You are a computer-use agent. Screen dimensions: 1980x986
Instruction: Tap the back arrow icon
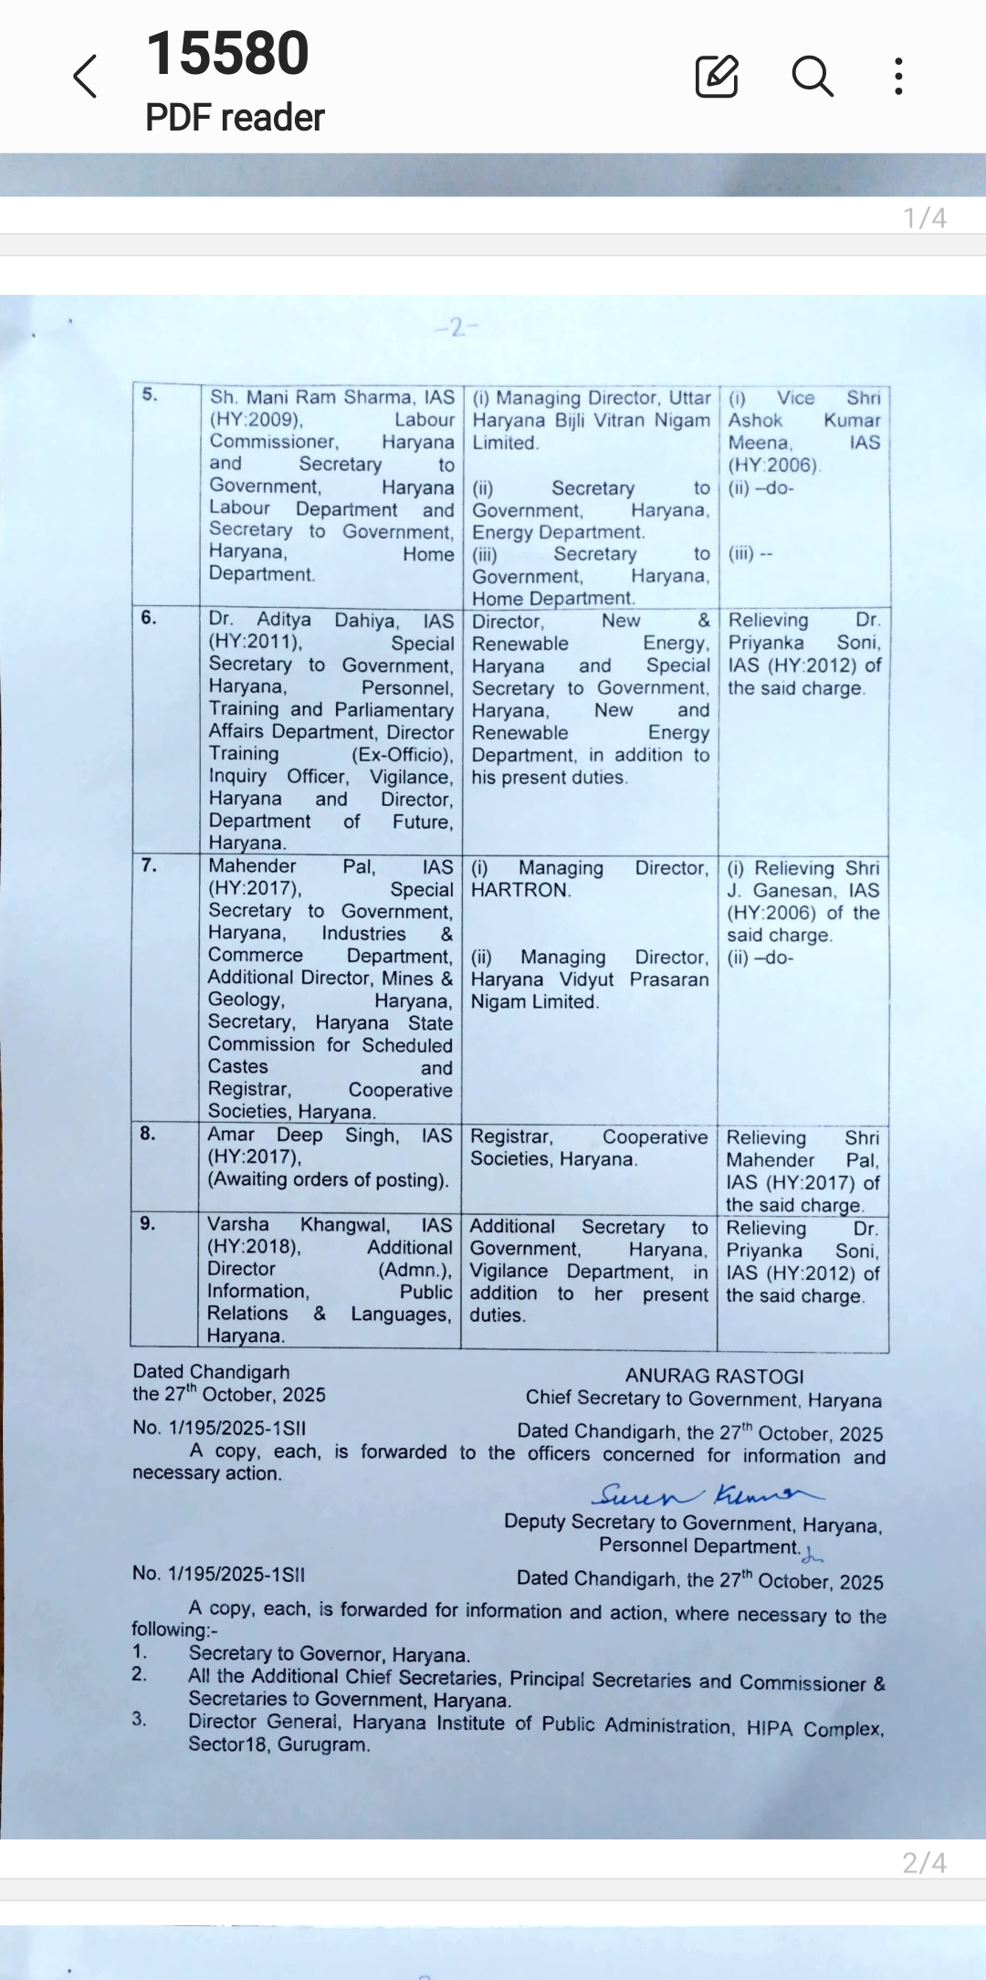(x=85, y=76)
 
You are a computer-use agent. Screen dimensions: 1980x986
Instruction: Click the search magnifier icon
(x=812, y=76)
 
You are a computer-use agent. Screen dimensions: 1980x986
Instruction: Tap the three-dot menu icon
(x=899, y=76)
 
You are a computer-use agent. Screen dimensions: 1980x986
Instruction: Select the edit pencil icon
(x=717, y=76)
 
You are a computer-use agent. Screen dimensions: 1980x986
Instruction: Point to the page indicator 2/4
(x=924, y=1862)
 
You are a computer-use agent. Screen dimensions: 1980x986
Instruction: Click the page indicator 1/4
(x=924, y=218)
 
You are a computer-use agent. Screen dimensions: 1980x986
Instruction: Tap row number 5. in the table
(x=150, y=394)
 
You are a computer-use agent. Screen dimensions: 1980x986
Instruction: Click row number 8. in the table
(x=148, y=1133)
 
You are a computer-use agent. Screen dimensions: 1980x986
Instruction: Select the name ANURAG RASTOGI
(x=714, y=1376)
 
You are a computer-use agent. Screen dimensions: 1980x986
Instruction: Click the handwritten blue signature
(x=708, y=1494)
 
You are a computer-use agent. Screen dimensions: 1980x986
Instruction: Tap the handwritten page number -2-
(x=456, y=327)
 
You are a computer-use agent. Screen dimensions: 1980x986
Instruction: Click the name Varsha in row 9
(x=238, y=1224)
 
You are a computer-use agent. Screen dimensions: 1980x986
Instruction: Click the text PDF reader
(x=235, y=118)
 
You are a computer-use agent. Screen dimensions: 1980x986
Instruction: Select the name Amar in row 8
(x=231, y=1135)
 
